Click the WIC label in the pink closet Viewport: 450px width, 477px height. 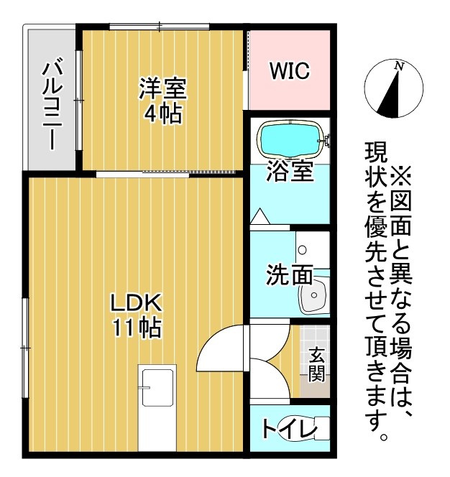coord(290,70)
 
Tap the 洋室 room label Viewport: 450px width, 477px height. coord(163,88)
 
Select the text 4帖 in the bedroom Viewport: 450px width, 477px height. coord(163,114)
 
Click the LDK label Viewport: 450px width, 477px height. coord(136,302)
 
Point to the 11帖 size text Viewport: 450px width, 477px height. coord(137,327)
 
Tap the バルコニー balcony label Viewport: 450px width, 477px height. coord(52,106)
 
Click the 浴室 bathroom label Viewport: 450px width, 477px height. coord(290,171)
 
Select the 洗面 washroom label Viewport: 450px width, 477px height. coord(290,274)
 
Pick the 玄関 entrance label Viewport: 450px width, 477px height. coord(316,364)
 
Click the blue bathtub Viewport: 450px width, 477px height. coord(290,140)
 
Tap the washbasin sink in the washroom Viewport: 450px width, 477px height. coord(313,295)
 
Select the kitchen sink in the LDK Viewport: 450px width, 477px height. coord(157,388)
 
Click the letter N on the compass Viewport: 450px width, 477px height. coord(398,66)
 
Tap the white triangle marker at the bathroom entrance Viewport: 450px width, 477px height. coord(260,216)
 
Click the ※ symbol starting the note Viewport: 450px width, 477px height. coord(401,176)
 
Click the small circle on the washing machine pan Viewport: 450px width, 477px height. coord(303,250)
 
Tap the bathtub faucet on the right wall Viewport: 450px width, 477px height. coord(325,141)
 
